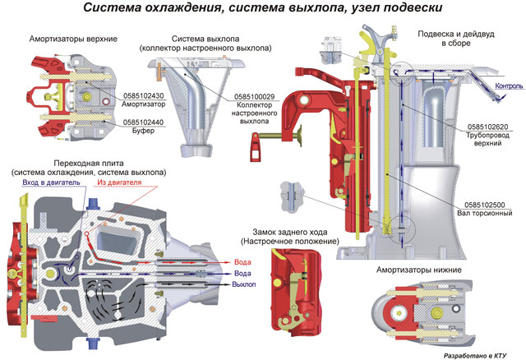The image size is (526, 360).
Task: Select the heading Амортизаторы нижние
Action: (x=418, y=270)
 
